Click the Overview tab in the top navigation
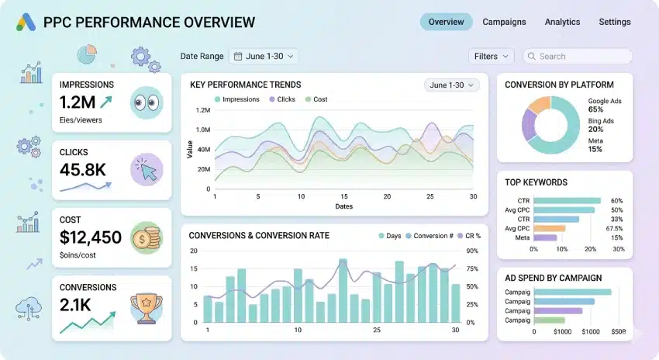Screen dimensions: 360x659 (446, 22)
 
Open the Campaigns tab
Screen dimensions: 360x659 (504, 22)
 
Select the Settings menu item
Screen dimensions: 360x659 (614, 22)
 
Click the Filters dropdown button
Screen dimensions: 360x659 (491, 56)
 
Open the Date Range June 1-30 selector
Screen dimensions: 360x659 (264, 56)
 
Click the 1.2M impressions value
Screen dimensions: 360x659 (77, 102)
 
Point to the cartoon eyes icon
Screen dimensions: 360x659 (147, 102)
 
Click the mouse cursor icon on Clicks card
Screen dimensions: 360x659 (147, 169)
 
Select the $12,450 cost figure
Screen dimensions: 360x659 (90, 237)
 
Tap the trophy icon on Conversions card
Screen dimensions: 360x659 (147, 305)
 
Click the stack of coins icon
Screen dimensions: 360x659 (147, 237)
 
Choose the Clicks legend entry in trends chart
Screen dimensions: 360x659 (282, 99)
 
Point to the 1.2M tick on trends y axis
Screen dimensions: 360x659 (203, 110)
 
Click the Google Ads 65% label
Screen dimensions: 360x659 (605, 106)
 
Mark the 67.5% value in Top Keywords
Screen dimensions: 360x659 (614, 229)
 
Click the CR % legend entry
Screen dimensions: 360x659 (468, 236)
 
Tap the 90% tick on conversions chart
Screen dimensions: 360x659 (471, 251)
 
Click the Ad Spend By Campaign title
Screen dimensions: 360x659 (553, 278)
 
